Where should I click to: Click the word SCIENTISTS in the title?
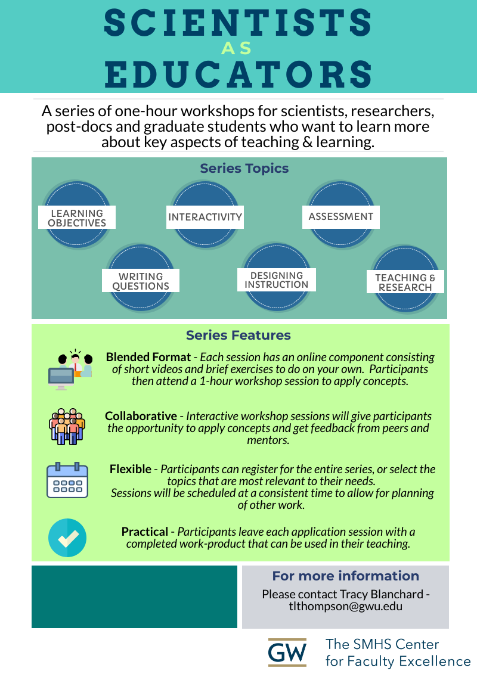(238, 22)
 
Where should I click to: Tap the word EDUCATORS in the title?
(238, 74)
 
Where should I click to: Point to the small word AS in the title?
(238, 48)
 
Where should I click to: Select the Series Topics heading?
(244, 169)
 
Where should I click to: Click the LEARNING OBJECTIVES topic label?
(77, 218)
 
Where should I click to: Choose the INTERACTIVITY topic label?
(205, 217)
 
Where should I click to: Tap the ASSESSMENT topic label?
(341, 216)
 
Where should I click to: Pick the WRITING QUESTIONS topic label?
(141, 281)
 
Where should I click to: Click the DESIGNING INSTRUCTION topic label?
(277, 280)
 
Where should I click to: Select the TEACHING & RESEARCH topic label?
(405, 282)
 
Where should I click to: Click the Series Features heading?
(238, 336)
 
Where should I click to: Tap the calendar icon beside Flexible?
(67, 480)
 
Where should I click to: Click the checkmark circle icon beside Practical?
(67, 538)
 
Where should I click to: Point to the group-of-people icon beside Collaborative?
(67, 426)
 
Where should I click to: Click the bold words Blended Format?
(148, 358)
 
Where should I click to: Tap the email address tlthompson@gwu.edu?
(345, 606)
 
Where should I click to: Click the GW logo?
(287, 653)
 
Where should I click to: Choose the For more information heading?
(346, 576)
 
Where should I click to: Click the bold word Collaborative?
(141, 416)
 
